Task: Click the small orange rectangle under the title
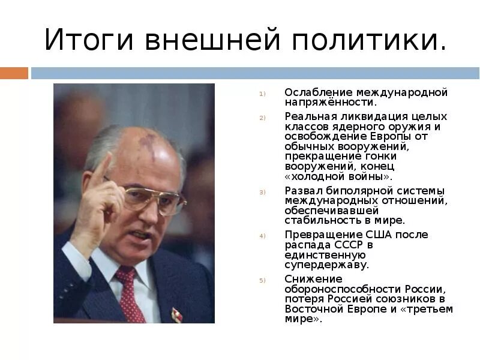coord(14,73)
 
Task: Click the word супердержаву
coord(326,264)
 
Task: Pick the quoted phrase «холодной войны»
coord(339,176)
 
